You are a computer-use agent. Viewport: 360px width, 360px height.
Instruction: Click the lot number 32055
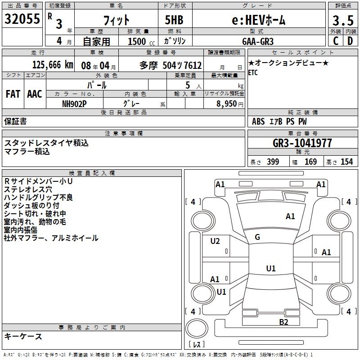22,19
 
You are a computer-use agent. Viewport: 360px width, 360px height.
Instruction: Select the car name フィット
116,20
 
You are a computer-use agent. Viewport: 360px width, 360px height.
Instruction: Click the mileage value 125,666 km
53,65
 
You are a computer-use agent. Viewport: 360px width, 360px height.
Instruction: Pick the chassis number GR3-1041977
302,144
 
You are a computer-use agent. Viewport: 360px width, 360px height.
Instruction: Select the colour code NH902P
74,103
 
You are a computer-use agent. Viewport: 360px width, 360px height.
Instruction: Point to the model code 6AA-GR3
257,41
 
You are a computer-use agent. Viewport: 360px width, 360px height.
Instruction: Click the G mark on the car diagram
257,237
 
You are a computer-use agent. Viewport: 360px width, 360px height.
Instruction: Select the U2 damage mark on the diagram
215,241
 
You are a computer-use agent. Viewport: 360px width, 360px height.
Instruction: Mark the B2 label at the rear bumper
283,322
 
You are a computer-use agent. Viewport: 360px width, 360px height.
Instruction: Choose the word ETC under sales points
253,73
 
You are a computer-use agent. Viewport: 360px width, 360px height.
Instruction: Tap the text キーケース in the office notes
23,336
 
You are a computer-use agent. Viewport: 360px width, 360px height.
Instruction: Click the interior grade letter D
350,41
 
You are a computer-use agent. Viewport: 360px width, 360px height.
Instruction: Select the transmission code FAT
13,94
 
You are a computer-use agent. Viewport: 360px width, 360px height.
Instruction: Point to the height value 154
346,162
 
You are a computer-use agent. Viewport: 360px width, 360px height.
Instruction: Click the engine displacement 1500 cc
139,41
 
